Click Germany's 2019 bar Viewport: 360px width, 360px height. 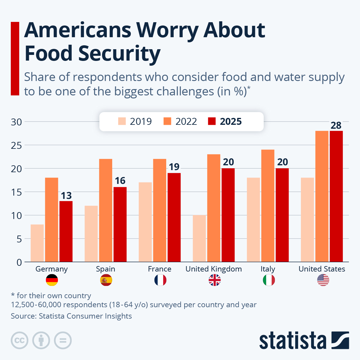37,243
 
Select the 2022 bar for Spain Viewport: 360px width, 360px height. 106,210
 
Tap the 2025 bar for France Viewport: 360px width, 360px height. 174,217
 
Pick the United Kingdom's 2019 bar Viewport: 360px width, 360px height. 199,238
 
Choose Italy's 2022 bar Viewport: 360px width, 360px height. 268,205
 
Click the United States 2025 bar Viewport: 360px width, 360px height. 336,196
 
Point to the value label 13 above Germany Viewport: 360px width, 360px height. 66,196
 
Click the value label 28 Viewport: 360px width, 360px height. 336,125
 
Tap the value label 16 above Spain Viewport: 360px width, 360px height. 120,181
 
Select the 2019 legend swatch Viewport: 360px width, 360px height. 122,121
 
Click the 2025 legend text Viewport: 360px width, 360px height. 230,121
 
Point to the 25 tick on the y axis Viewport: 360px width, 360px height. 16,145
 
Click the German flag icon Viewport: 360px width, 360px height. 52,280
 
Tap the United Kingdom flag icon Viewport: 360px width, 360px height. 214,280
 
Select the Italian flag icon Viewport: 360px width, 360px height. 269,280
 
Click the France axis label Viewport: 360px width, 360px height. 160,269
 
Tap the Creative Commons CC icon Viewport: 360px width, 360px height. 19,340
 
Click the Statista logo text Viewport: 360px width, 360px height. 292,340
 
